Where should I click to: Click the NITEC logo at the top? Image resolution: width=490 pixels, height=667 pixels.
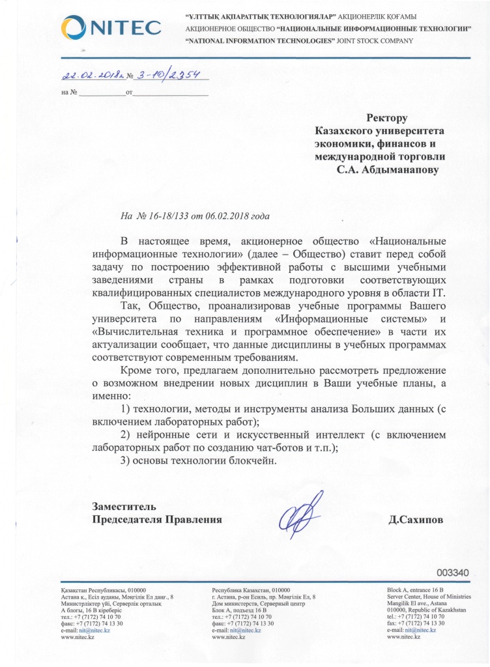tap(110, 27)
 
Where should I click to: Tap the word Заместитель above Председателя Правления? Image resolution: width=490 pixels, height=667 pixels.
tap(124, 506)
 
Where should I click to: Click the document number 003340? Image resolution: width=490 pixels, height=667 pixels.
tap(453, 573)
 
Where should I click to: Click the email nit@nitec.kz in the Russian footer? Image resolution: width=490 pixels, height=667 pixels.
tap(246, 630)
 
